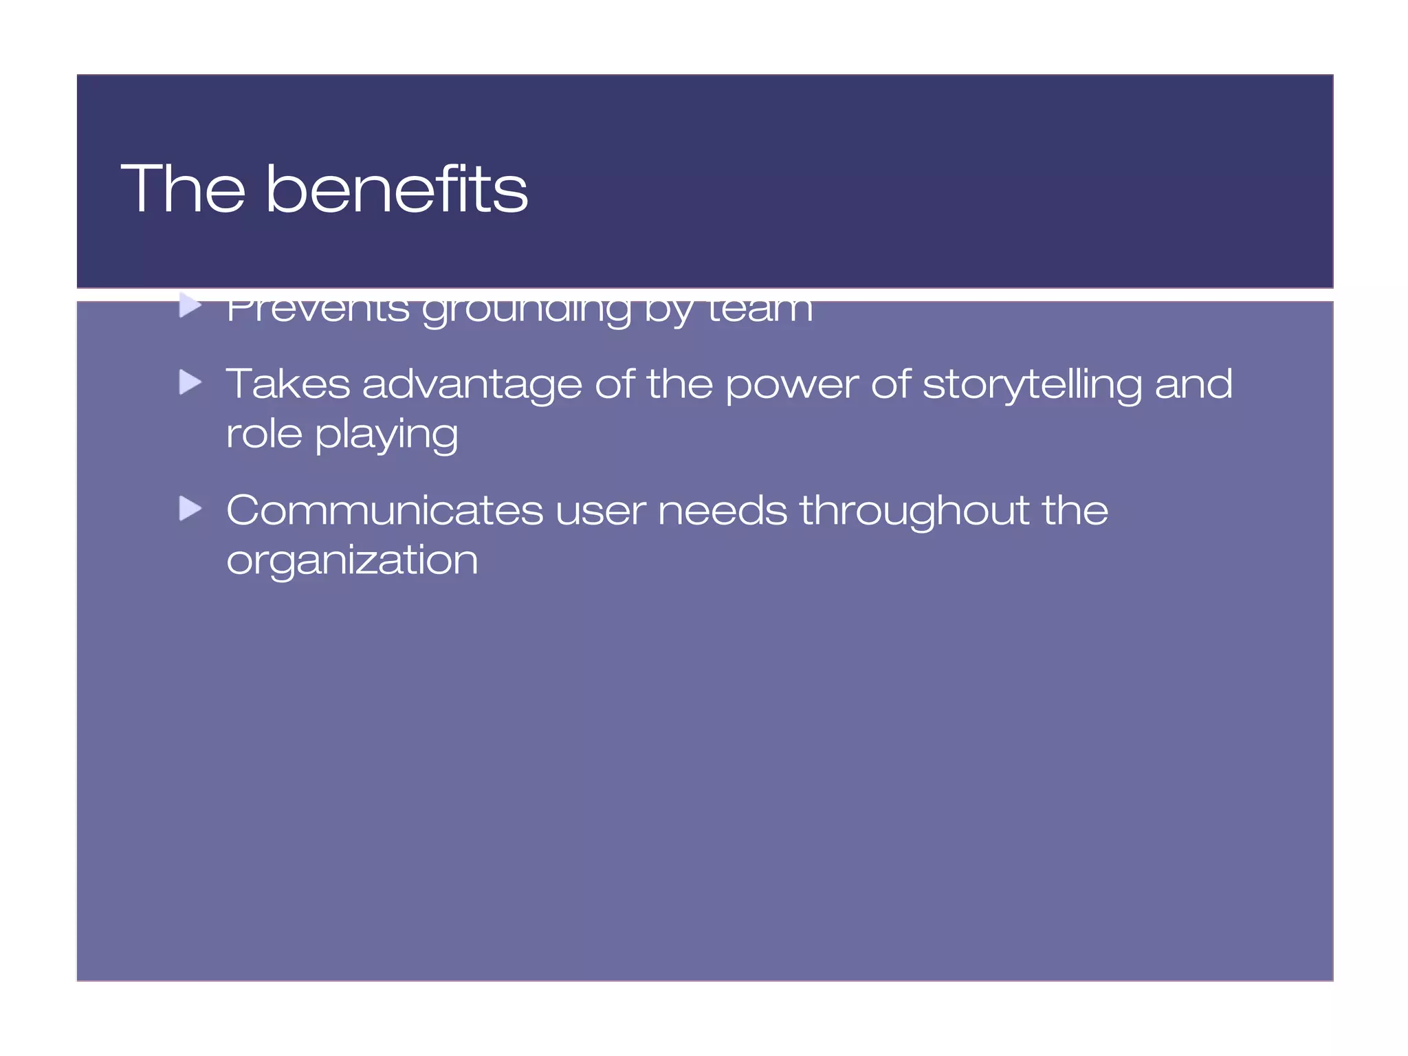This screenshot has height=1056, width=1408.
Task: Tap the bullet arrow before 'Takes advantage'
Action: pyautogui.click(x=190, y=382)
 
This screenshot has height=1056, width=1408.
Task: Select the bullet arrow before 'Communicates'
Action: pyautogui.click(x=190, y=509)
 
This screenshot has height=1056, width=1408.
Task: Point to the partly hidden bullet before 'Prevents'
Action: pyautogui.click(x=190, y=306)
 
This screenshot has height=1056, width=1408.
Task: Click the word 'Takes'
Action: pyautogui.click(x=288, y=384)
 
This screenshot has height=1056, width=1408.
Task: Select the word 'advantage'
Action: pyautogui.click(x=472, y=385)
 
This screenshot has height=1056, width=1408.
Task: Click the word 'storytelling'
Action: pyautogui.click(x=1032, y=385)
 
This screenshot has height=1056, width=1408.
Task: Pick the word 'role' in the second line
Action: pyautogui.click(x=264, y=434)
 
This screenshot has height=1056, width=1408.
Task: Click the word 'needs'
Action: pyautogui.click(x=722, y=511)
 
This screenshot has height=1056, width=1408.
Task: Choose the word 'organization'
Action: pyautogui.click(x=352, y=561)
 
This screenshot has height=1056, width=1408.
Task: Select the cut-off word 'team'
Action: pyautogui.click(x=760, y=309)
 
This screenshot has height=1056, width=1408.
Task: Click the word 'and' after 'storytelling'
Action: pyautogui.click(x=1193, y=384)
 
